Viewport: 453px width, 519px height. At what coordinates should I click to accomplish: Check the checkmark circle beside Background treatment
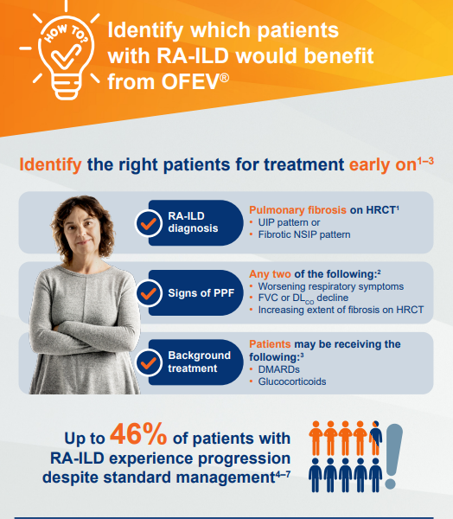click(147, 362)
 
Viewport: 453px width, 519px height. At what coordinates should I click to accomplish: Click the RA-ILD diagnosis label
click(193, 223)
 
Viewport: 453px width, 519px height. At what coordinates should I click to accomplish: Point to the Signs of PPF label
click(199, 292)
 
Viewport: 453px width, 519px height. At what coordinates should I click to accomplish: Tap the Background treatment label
click(200, 362)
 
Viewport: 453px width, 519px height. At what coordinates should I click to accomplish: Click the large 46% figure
click(155, 436)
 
